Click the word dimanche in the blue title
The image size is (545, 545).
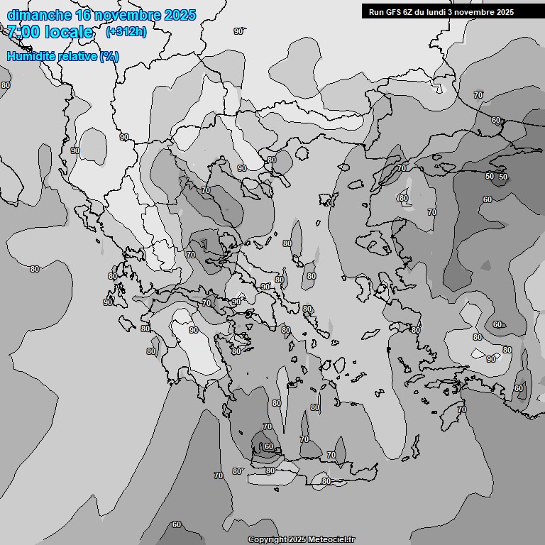point(38,15)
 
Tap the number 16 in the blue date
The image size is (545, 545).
point(84,15)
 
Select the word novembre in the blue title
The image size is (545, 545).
point(128,15)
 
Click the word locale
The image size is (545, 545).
point(69,32)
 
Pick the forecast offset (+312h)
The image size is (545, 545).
point(126,32)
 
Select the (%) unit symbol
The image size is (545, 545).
point(109,56)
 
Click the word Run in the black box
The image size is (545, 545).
point(376,11)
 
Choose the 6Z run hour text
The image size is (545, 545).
point(410,11)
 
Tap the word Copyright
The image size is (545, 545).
point(268,540)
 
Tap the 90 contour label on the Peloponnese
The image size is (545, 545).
point(194,331)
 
